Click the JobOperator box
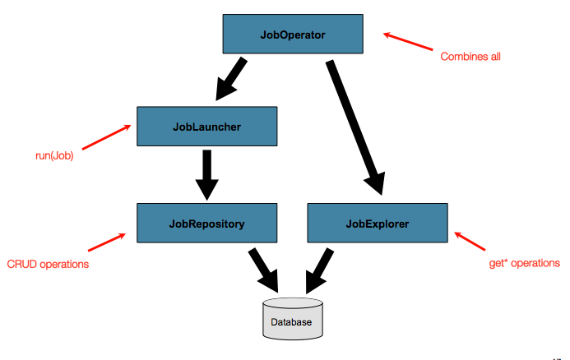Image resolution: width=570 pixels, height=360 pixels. [292, 35]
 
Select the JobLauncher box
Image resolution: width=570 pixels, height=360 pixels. [206, 127]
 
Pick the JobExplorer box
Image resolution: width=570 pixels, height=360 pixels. [377, 223]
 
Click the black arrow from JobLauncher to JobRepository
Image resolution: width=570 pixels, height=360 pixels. [206, 174]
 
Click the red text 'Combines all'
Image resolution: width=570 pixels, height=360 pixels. [470, 57]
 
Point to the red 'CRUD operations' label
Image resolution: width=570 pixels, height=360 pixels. [48, 264]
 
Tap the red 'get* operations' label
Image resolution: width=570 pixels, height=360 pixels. [524, 263]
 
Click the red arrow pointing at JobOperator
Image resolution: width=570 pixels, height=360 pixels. [408, 42]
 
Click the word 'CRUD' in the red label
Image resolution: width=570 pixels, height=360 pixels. [22, 264]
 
